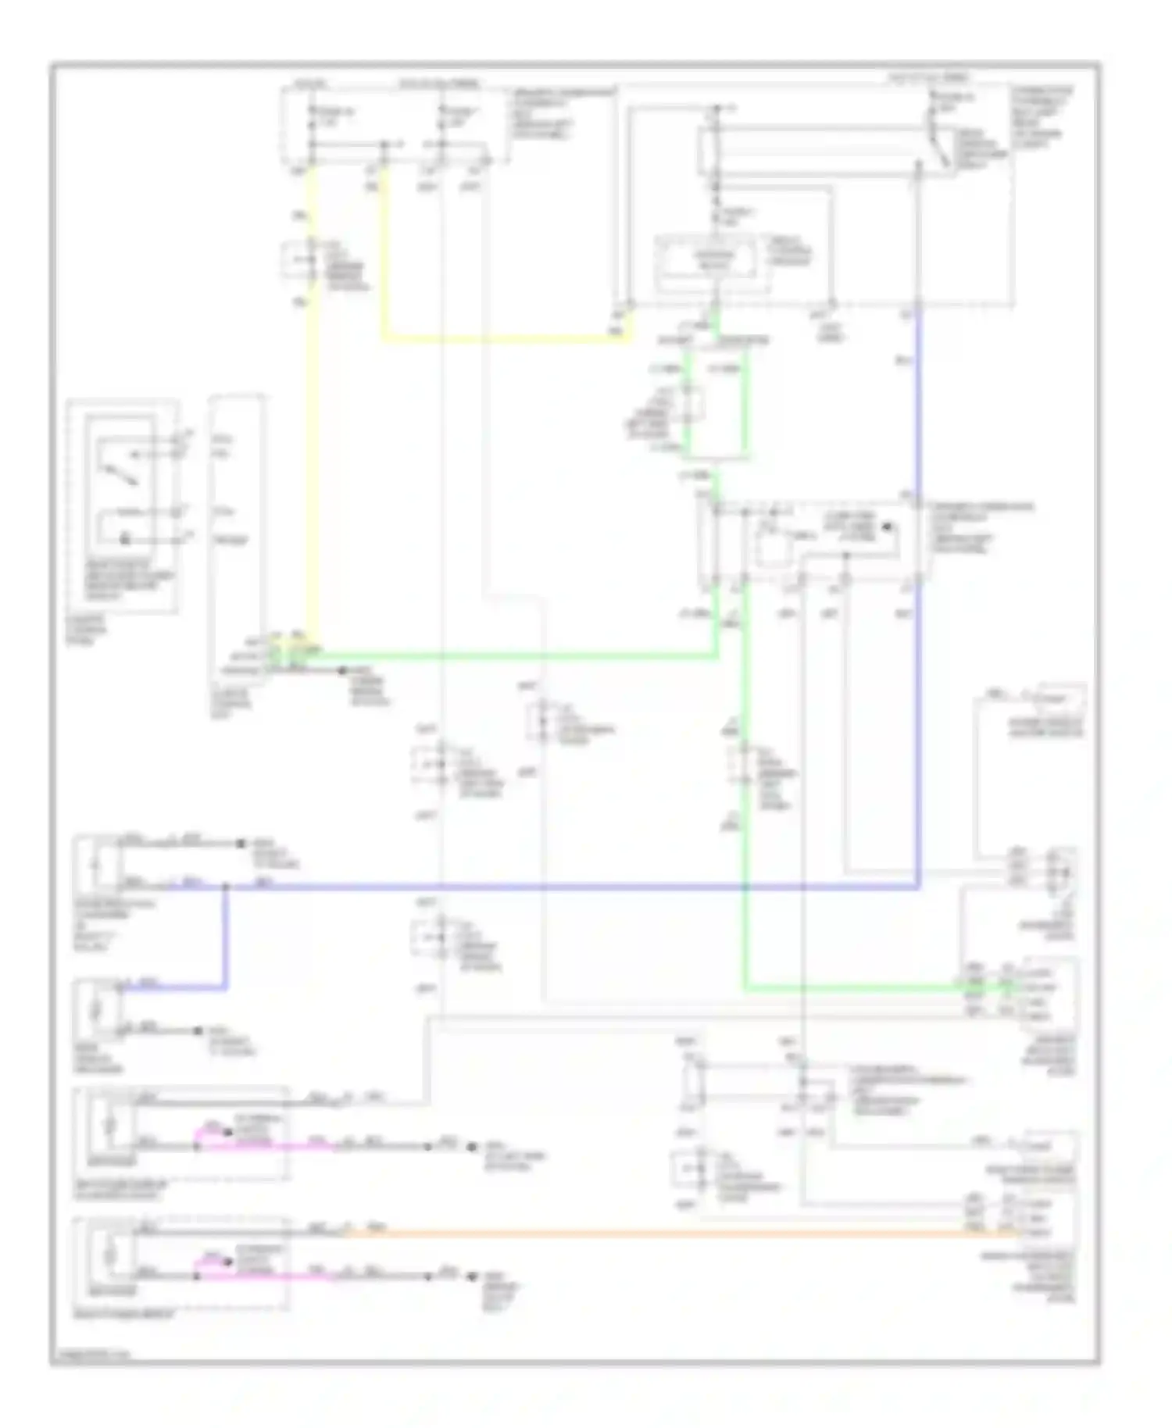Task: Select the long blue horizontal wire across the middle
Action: click(547, 887)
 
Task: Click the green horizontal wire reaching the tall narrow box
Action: click(508, 656)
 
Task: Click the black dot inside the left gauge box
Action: click(123, 539)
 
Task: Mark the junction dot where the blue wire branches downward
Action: click(227, 887)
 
